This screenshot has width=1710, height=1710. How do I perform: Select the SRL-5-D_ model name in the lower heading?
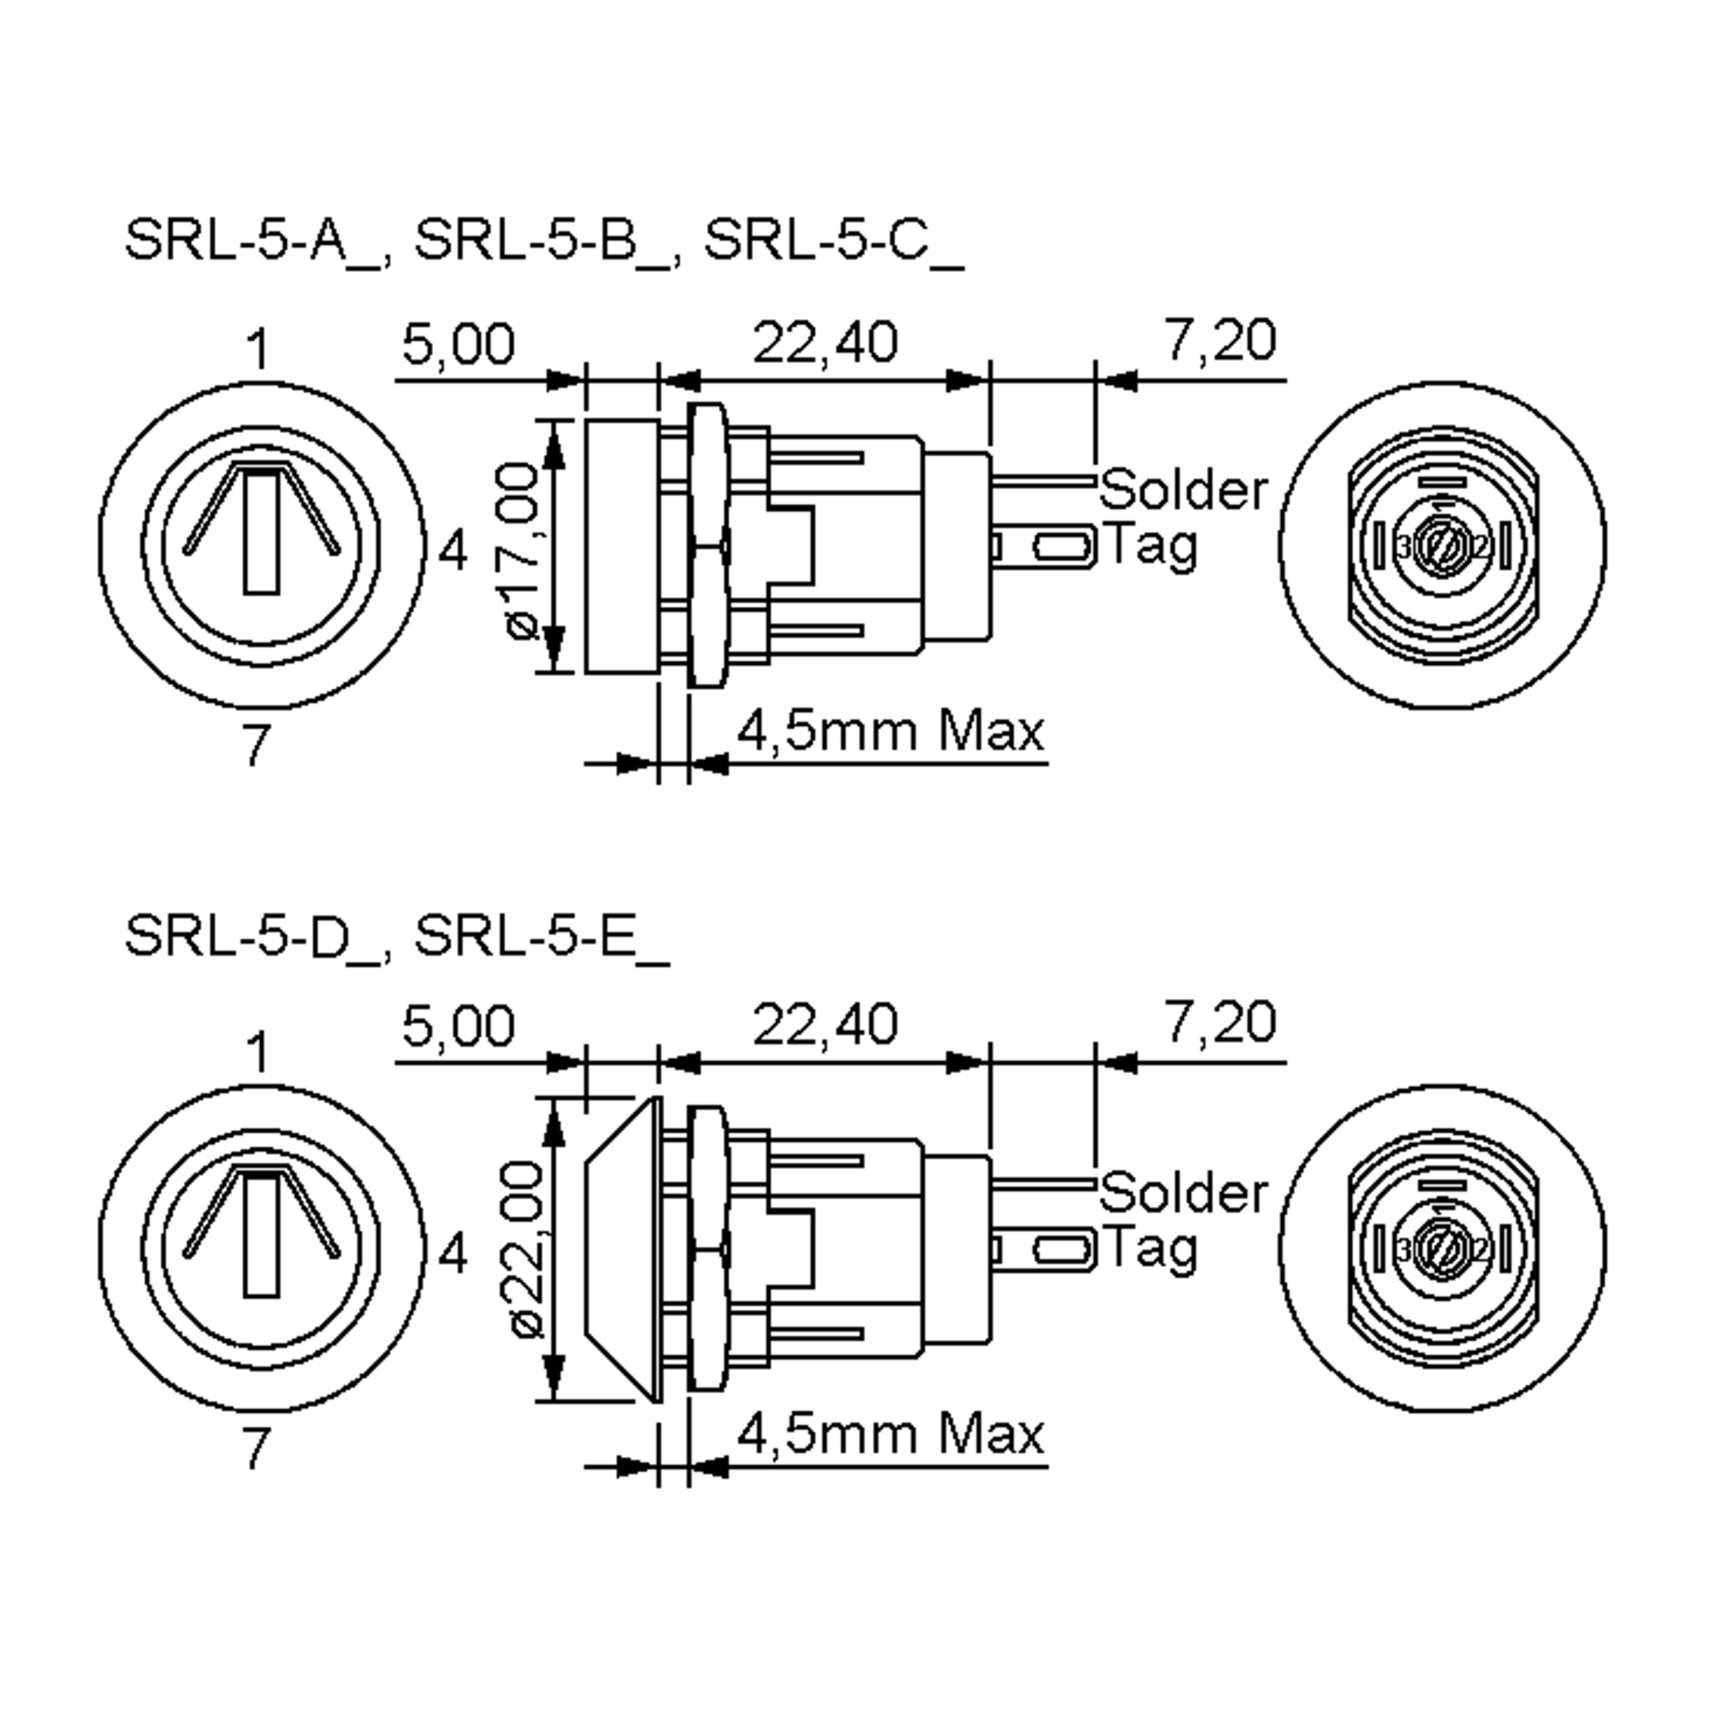[x=254, y=936]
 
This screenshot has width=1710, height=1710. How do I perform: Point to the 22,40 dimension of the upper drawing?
[x=824, y=343]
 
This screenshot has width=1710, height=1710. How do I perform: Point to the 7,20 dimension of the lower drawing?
[x=1221, y=1023]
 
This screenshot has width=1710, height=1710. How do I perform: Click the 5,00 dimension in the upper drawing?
[x=457, y=344]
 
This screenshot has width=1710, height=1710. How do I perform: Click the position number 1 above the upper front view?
[x=257, y=350]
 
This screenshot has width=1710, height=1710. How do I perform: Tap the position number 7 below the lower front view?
[x=256, y=1449]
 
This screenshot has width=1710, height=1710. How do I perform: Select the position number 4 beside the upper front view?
[x=453, y=551]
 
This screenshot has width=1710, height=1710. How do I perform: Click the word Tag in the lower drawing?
[x=1151, y=1248]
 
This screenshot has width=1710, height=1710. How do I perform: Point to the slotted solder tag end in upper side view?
[x=1062, y=548]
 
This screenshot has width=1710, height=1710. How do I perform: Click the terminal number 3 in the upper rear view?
[x=1403, y=549]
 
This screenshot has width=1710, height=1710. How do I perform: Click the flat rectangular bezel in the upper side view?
[x=622, y=546]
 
